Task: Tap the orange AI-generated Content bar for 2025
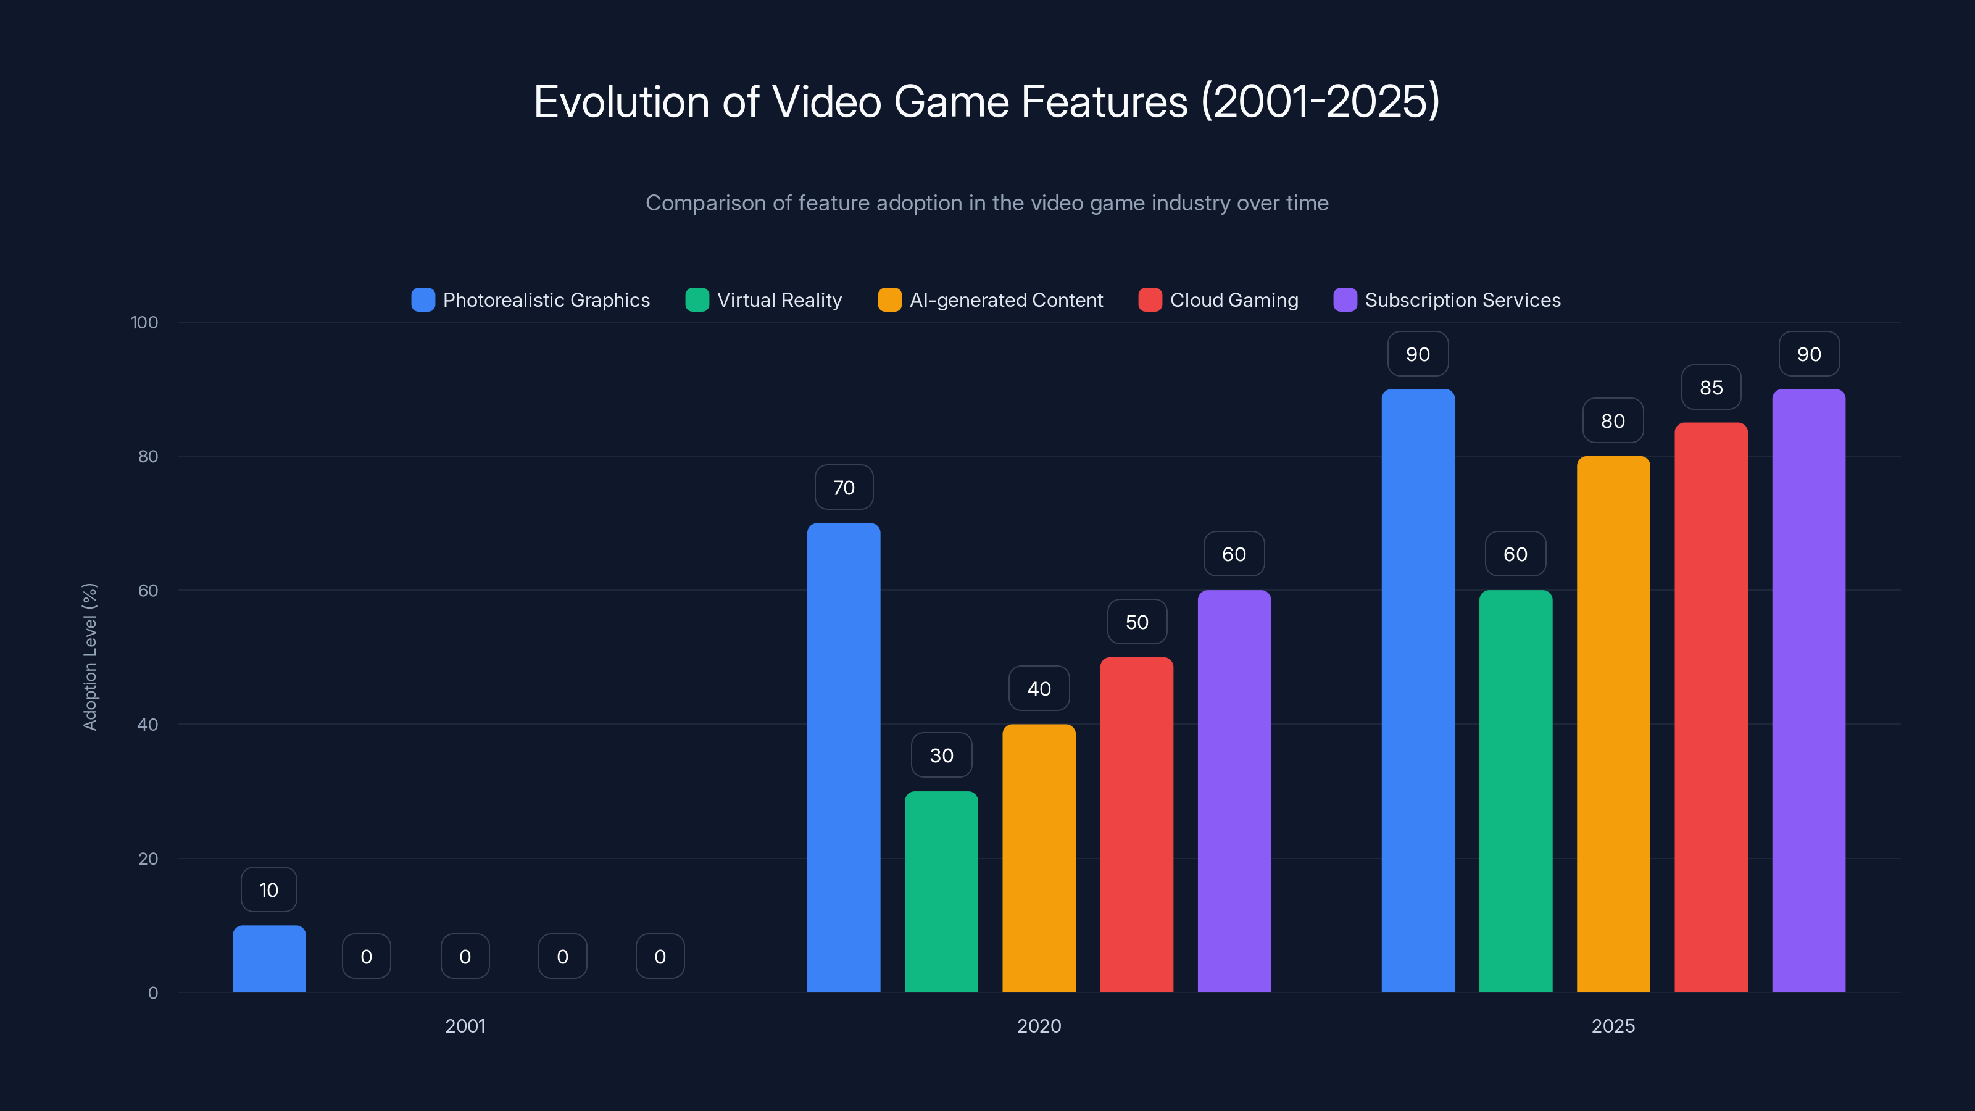[x=1613, y=724]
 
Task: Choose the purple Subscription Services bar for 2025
[x=1808, y=690]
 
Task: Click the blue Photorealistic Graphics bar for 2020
[x=843, y=757]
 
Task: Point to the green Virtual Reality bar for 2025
[x=1515, y=791]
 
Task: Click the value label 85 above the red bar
[x=1710, y=388]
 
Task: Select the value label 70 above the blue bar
[x=843, y=488]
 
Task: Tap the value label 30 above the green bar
[x=941, y=755]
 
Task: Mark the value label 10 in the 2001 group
[x=268, y=889]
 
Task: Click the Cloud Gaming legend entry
[x=1218, y=300]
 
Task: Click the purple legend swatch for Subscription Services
[x=1345, y=300]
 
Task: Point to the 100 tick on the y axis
[x=144, y=322]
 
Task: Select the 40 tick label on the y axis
[x=148, y=725]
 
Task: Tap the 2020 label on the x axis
[x=1039, y=1026]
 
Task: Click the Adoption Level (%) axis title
[x=89, y=657]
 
